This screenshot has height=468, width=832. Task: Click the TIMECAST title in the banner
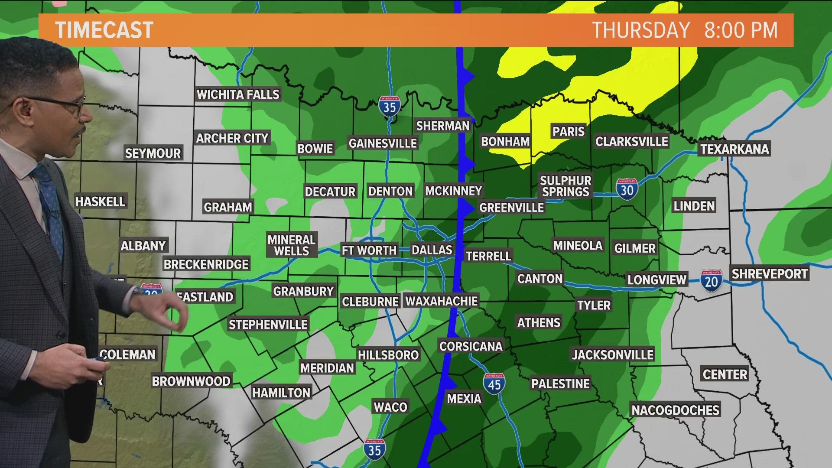click(104, 30)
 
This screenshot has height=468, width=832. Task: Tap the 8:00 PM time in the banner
click(741, 30)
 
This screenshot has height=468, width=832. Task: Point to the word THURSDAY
click(641, 30)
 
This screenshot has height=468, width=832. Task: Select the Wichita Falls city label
click(238, 94)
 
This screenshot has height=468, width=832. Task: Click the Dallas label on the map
click(432, 250)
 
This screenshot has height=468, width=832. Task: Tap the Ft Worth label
click(369, 250)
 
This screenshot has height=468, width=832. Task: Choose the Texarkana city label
click(734, 149)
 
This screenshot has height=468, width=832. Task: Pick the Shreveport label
click(770, 274)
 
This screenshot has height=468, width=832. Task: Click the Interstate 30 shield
click(627, 189)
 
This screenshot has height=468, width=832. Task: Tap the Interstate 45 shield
click(494, 384)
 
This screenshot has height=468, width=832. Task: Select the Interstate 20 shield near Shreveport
click(711, 281)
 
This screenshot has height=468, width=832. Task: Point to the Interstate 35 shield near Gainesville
click(389, 106)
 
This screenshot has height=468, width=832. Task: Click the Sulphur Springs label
click(565, 186)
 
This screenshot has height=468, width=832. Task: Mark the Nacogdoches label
click(675, 410)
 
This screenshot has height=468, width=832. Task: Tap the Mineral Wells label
click(291, 245)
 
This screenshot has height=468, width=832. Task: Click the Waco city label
click(390, 407)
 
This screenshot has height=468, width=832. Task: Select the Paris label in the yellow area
click(569, 131)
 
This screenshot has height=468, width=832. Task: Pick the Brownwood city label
click(191, 381)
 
